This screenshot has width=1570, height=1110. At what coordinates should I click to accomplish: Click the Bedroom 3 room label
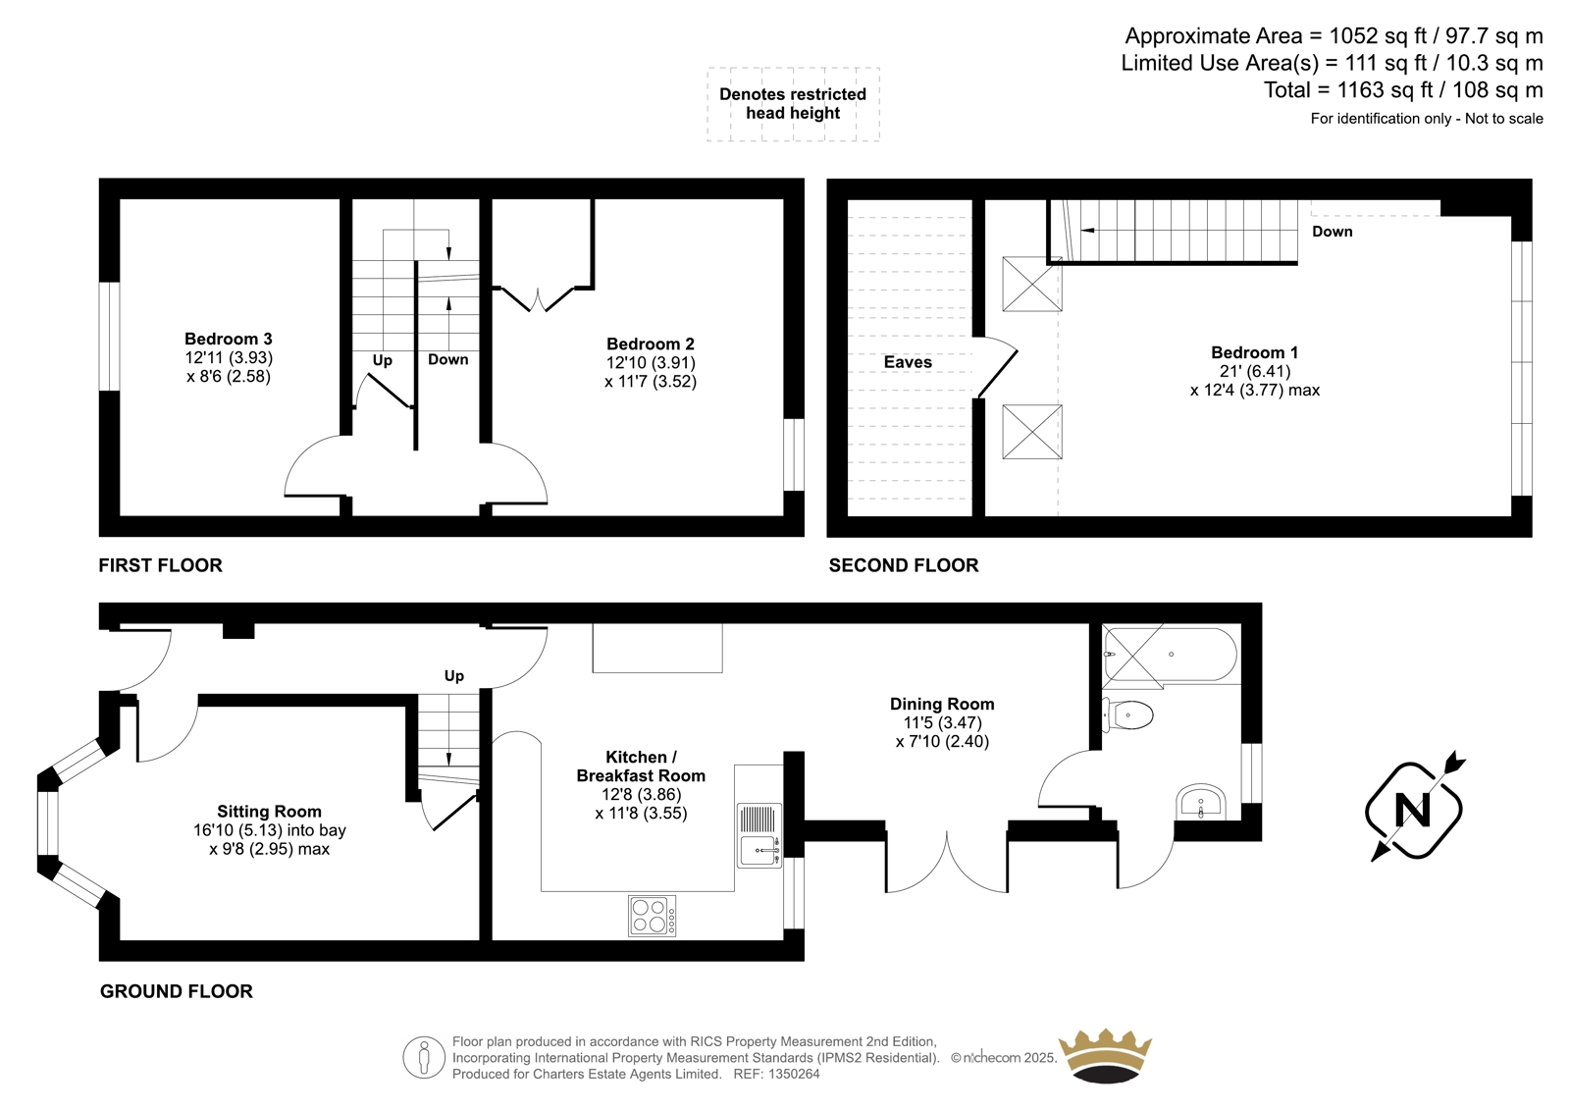229,339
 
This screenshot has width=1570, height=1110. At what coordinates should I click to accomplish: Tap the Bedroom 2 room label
651,344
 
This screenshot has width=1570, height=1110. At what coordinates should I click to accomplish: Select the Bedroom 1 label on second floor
1255,352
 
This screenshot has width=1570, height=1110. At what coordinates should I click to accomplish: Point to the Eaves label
908,362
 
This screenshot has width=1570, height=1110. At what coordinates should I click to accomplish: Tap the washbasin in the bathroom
1201,802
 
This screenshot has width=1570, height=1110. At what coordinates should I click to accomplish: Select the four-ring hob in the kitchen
652,916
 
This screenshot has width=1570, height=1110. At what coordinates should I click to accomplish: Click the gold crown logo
1105,1056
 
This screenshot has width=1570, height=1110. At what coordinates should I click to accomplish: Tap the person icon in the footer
424,1057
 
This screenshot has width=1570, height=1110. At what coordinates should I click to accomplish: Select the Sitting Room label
269,812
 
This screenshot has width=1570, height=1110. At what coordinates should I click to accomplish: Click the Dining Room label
942,704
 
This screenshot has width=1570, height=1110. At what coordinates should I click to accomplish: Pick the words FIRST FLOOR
161,565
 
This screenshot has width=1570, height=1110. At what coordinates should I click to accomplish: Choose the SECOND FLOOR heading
904,565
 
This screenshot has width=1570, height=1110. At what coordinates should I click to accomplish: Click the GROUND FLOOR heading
176,991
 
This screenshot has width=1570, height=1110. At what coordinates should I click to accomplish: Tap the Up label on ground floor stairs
454,676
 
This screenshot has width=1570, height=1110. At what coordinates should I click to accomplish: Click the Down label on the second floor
1333,232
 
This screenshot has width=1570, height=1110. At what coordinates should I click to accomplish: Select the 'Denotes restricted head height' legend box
793,104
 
